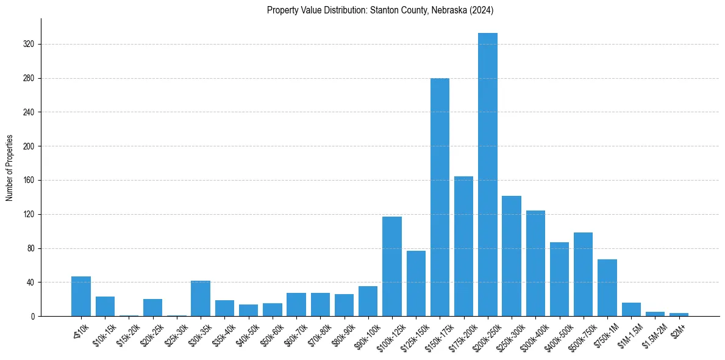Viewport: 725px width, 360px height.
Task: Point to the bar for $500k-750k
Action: coord(583,275)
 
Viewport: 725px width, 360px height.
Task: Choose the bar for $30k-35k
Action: coord(201,298)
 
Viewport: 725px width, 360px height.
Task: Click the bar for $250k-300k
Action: coord(512,256)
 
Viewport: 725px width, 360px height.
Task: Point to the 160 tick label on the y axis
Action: coord(29,181)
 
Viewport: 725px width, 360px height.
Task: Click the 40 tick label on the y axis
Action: coord(30,283)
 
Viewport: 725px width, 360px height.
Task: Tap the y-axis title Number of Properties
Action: coord(10,168)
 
